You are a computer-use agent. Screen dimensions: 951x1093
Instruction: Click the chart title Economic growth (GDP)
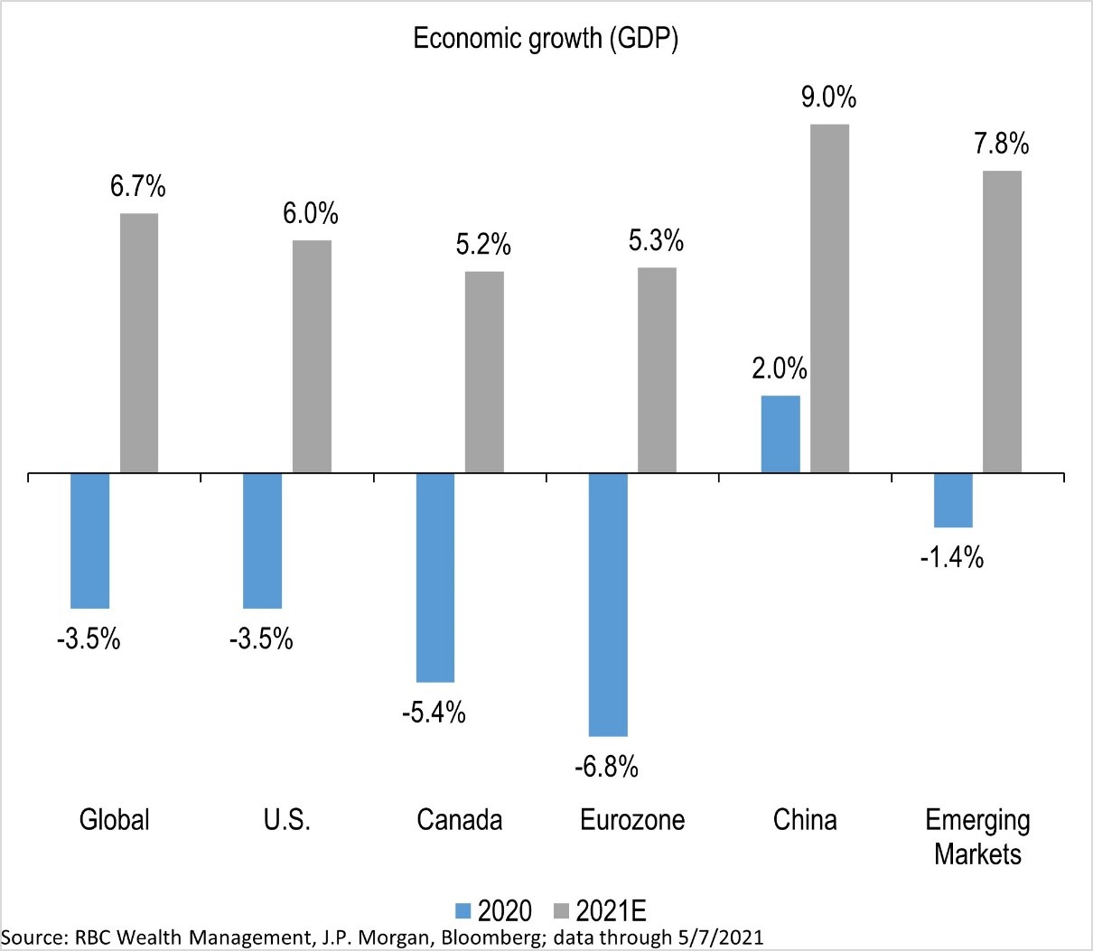546,39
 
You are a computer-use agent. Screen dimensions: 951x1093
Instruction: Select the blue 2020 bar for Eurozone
608,603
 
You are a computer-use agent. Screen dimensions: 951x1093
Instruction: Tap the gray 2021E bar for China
829,298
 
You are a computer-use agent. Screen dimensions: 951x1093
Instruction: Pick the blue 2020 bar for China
780,434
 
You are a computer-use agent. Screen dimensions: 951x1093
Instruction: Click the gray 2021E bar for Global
139,342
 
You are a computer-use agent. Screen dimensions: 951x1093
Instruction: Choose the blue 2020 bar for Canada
434,576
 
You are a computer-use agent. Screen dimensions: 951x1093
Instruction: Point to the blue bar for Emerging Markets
953,499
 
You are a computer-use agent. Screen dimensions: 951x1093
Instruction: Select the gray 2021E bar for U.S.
312,356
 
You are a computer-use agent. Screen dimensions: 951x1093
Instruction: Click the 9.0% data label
828,98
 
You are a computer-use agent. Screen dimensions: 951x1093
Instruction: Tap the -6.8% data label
606,768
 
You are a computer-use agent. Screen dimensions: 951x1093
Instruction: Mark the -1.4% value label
951,558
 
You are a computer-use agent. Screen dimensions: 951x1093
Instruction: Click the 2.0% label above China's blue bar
780,369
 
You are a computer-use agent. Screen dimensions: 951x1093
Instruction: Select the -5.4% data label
434,713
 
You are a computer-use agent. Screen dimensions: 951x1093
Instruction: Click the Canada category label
460,820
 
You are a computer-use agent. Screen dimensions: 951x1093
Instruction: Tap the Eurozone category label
632,820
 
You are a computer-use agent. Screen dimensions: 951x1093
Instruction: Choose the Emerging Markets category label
977,836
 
